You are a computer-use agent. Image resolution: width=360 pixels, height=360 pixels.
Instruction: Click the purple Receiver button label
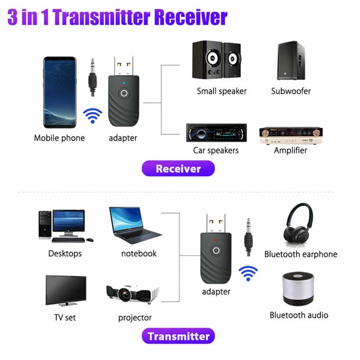pyautogui.click(x=178, y=169)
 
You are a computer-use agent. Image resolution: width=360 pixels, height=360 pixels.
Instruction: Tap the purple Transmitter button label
pyautogui.click(x=178, y=336)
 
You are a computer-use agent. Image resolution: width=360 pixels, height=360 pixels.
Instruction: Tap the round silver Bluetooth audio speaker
pyautogui.click(x=299, y=289)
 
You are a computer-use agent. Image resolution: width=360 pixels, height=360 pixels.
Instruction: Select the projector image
pyautogui.click(x=133, y=293)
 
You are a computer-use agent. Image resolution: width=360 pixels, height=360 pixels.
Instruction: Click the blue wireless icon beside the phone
pyautogui.click(x=92, y=115)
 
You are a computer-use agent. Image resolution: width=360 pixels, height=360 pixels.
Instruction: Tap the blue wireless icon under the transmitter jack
pyautogui.click(x=248, y=274)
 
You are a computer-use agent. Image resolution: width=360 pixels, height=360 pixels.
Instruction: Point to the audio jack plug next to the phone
pyautogui.click(x=92, y=76)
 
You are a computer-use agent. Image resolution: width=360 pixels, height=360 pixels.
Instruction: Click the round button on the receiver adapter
pyautogui.click(x=124, y=94)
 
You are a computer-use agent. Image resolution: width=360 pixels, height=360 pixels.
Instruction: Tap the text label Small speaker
pyautogui.click(x=221, y=91)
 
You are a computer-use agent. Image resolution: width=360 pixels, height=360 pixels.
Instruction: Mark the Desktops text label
pyautogui.click(x=65, y=253)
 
